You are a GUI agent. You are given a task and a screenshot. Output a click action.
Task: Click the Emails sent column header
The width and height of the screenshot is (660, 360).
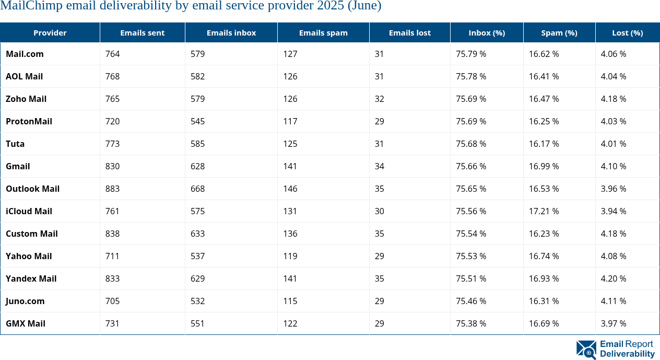coord(142,32)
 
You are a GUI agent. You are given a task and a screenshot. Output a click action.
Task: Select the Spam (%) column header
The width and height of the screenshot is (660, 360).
coord(559,32)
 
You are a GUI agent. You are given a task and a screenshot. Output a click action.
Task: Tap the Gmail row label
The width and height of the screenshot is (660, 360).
coord(18,166)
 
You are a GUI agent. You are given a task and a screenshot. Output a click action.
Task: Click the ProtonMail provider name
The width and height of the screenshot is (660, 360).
coord(29,121)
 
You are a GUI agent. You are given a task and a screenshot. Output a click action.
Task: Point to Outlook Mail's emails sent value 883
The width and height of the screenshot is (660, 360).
coord(112,189)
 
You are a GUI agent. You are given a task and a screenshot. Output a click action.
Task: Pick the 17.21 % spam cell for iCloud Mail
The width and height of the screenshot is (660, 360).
coord(544,211)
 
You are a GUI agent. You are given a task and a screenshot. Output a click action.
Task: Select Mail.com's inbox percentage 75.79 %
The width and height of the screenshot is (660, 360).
coord(471,54)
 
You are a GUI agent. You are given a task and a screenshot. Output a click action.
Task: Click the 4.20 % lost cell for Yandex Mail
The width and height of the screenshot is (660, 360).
coord(614,278)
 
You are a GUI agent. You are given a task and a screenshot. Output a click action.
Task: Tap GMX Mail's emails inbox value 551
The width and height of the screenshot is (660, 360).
coord(197,323)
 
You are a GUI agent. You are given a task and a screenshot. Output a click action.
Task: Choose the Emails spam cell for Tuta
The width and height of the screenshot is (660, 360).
coord(290,144)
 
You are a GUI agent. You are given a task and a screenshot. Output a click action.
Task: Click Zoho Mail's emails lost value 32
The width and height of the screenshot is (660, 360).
coord(379,99)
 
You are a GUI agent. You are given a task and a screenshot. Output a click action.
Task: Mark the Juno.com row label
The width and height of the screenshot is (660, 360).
coord(25,301)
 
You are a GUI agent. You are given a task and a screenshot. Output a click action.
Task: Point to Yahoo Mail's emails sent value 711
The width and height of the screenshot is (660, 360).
coord(112,256)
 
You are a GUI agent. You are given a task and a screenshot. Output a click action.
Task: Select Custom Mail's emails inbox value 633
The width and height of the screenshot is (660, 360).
coord(197,234)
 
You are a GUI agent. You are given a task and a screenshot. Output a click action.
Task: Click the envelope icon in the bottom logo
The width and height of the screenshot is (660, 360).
coord(586,350)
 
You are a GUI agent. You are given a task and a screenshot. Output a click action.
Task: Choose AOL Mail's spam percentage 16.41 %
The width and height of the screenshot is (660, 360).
coord(544,76)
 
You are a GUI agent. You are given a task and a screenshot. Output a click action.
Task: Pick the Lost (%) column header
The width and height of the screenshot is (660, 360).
coord(627,32)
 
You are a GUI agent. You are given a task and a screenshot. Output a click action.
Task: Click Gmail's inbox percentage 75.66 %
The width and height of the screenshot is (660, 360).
coord(471,166)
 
